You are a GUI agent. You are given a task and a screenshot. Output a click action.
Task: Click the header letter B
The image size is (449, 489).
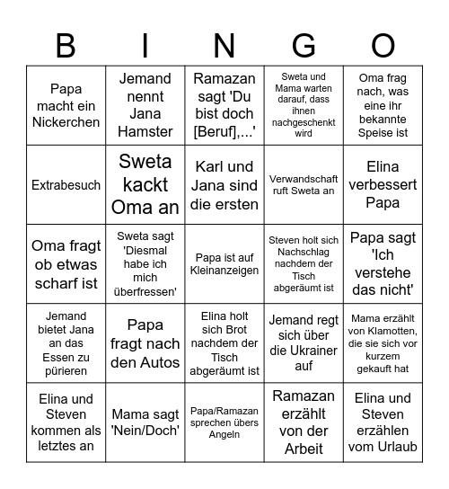click(x=66, y=44)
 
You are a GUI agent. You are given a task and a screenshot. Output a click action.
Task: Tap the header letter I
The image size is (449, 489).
click(x=145, y=44)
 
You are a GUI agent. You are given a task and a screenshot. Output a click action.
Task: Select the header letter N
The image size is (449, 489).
click(x=224, y=44)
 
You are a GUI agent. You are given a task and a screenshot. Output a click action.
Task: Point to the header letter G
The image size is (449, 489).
click(x=304, y=44)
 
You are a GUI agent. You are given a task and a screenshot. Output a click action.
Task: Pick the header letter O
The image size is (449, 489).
click(x=383, y=44)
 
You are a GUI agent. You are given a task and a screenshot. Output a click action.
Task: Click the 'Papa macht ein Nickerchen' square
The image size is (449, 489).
click(x=66, y=105)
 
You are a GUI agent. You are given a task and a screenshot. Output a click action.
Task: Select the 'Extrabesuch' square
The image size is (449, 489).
click(x=66, y=184)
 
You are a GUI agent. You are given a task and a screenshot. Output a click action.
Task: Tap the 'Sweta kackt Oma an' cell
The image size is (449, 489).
click(x=145, y=184)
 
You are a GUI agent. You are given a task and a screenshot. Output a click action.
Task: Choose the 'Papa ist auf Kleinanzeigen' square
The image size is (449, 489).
click(x=224, y=263)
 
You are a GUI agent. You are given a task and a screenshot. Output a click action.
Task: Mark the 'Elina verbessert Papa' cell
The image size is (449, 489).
click(x=383, y=184)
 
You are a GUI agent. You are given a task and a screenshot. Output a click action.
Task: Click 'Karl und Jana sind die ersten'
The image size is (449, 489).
click(x=224, y=184)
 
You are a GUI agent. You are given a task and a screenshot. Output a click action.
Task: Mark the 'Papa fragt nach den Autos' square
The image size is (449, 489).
click(x=145, y=343)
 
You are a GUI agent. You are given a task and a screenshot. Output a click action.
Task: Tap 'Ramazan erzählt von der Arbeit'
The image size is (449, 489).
click(x=304, y=422)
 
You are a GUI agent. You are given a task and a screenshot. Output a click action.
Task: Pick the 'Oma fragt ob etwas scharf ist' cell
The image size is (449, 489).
click(x=66, y=263)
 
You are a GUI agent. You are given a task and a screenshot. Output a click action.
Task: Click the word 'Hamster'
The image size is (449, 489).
click(x=145, y=131)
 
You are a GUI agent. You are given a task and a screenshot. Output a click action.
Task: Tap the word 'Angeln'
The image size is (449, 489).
click(x=224, y=434)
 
